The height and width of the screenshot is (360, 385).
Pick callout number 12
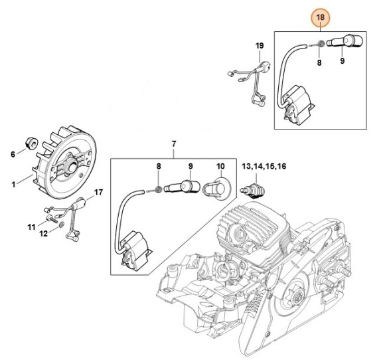click(43, 234)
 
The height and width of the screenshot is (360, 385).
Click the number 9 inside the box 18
click(343, 61)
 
